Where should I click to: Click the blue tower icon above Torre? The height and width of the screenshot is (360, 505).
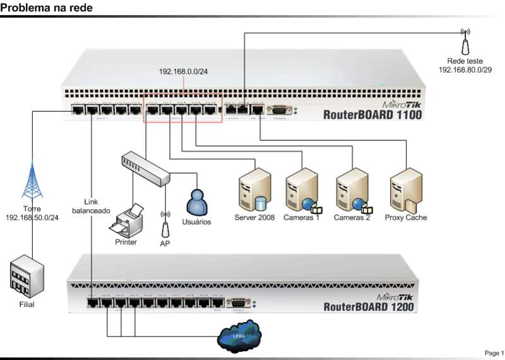[32, 182]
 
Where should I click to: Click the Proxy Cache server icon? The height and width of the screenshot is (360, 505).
[404, 190]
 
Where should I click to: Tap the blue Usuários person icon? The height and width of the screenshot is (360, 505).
[197, 201]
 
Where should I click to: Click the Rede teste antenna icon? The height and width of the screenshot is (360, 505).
[465, 41]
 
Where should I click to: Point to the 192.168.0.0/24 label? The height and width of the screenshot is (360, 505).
[183, 71]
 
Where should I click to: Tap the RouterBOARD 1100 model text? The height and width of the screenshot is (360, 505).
[372, 115]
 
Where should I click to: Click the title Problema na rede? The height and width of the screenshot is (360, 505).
[46, 8]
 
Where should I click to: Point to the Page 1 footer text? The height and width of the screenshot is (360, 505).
[494, 352]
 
